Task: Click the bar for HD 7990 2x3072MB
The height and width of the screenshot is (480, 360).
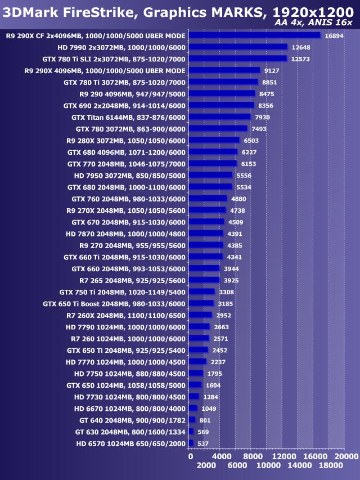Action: click(x=238, y=47)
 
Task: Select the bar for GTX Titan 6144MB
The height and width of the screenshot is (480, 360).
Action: click(x=219, y=117)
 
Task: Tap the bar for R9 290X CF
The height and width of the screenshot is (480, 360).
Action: click(x=254, y=35)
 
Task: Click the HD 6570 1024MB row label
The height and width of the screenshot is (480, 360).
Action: click(x=130, y=443)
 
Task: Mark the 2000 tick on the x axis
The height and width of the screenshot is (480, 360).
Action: click(x=206, y=466)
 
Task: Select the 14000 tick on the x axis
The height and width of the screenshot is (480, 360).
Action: click(x=299, y=466)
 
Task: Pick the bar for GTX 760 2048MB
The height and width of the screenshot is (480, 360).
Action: click(x=208, y=199)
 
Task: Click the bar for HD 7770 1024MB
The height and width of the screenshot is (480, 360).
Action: click(x=197, y=362)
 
